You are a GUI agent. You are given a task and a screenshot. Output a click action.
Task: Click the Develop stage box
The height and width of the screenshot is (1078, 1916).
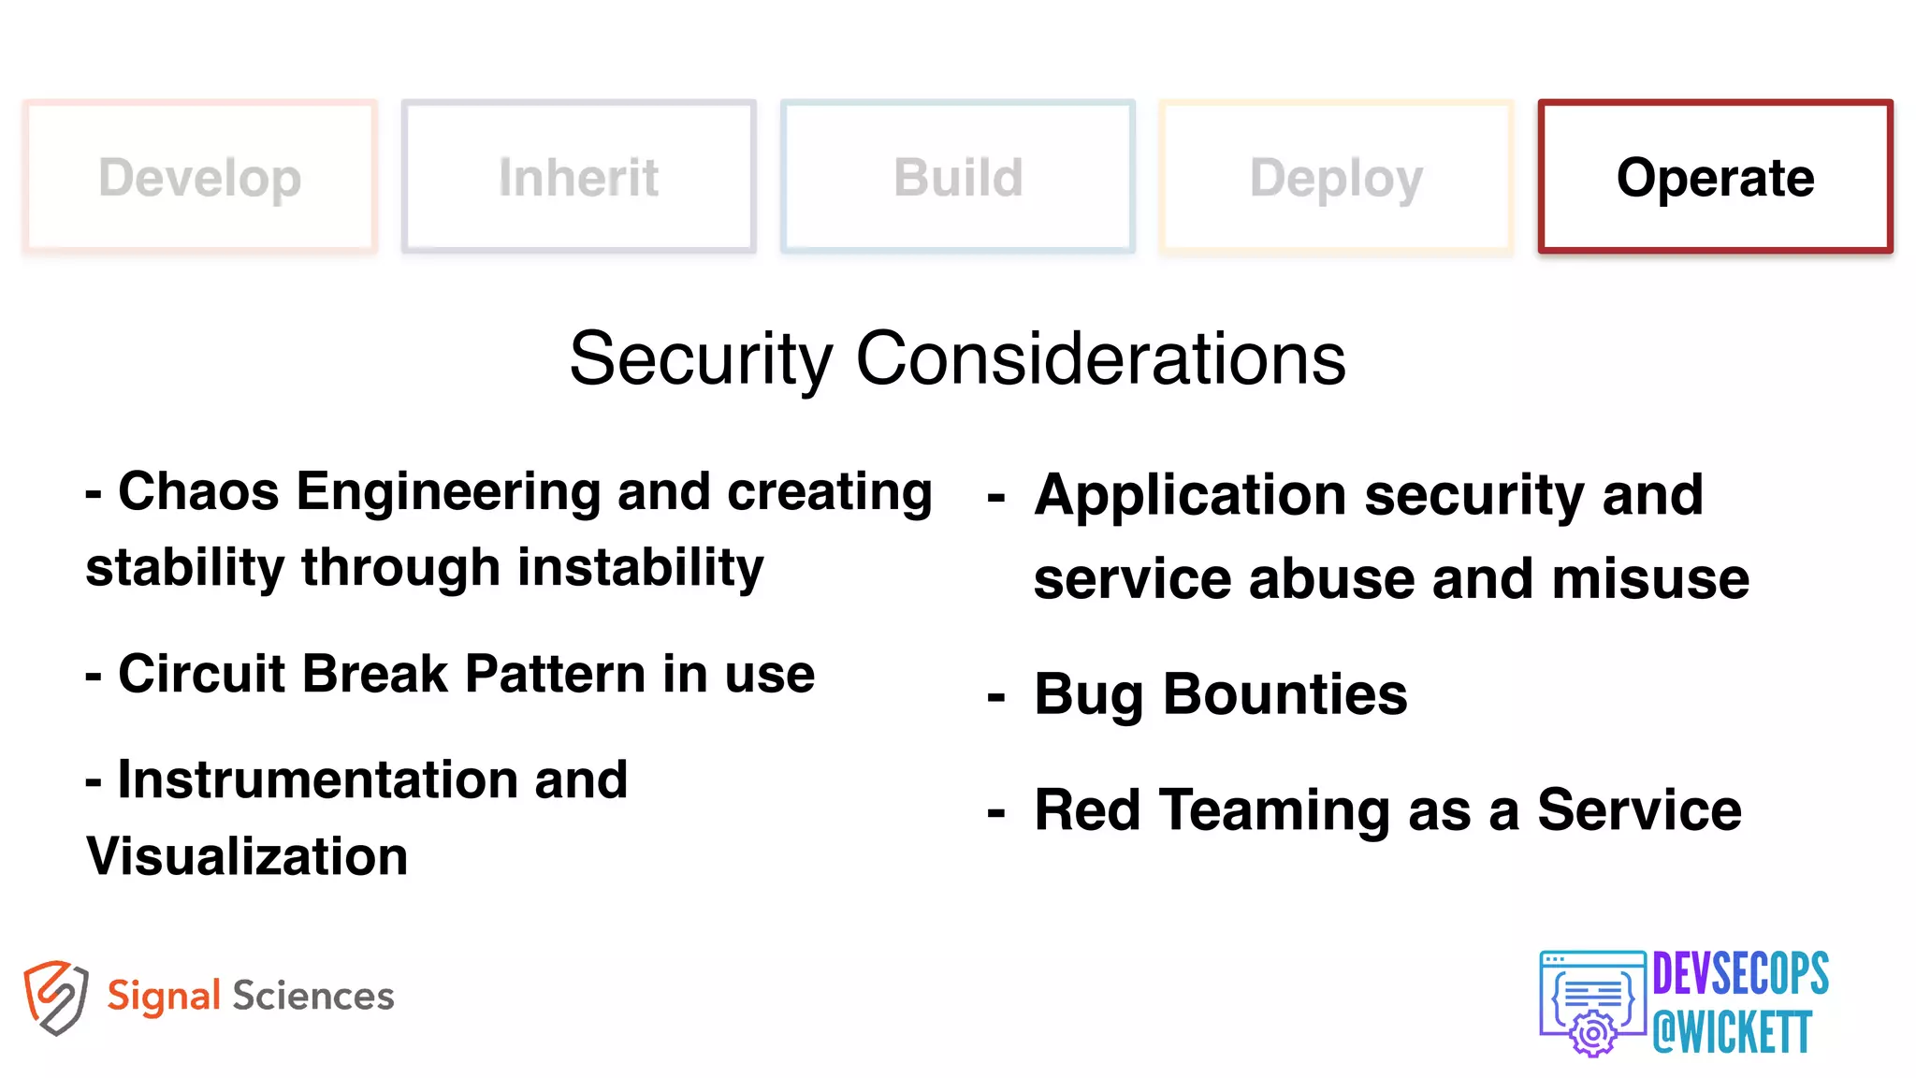point(200,177)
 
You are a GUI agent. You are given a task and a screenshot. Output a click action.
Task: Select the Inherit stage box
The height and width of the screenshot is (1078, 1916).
point(579,177)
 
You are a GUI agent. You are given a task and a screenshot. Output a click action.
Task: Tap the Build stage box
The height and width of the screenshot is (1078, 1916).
point(958,177)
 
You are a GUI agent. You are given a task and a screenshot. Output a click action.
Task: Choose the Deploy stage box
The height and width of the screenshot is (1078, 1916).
point(1336,177)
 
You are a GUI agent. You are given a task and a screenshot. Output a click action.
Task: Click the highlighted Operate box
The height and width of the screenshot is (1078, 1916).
point(1715,177)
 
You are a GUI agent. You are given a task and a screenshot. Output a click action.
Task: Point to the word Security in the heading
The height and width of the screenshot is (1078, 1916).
point(701,359)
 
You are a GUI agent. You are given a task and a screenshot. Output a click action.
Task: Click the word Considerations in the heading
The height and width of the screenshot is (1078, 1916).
point(1100,359)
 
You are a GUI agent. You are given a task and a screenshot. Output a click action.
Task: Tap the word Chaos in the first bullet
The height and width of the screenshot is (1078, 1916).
point(198,492)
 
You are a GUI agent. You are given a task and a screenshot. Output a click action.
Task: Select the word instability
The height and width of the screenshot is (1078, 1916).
point(641,568)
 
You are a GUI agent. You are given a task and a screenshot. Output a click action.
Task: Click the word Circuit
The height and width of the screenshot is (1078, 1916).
point(202,674)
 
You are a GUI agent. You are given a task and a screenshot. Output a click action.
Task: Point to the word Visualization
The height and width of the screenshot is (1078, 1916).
point(247,856)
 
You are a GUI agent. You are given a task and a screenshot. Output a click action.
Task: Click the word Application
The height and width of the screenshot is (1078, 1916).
point(1190,496)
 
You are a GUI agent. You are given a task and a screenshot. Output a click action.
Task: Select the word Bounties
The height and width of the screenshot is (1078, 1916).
point(1285,694)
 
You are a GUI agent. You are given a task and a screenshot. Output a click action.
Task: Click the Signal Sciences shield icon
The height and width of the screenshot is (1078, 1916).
point(56,998)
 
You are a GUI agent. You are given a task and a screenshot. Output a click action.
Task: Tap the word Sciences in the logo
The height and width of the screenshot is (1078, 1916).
point(313,996)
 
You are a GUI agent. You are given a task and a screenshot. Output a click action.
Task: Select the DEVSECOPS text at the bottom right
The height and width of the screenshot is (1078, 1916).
point(1740,974)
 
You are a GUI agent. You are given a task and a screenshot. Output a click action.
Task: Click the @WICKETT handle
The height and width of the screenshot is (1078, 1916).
point(1733,1032)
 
